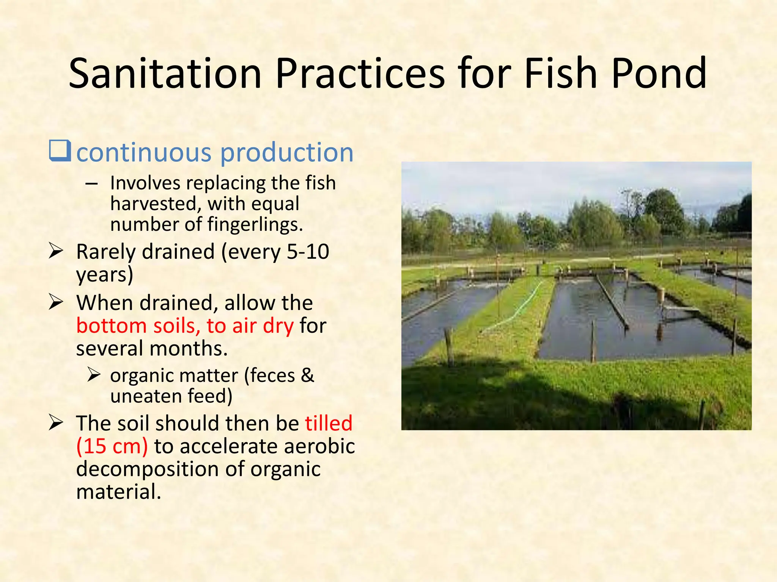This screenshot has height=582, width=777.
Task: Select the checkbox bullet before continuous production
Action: click(x=60, y=151)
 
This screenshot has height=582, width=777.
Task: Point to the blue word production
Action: click(x=287, y=153)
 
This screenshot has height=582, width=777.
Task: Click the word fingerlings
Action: click(x=255, y=225)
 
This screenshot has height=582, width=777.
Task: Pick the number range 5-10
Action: click(x=308, y=252)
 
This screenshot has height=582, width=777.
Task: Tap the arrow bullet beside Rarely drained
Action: click(x=56, y=251)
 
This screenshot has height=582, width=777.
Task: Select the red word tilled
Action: click(x=329, y=423)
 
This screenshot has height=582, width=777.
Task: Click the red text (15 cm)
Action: click(x=112, y=446)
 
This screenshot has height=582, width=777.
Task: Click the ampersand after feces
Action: click(x=307, y=375)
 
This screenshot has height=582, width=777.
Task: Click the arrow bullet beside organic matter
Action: click(x=93, y=375)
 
